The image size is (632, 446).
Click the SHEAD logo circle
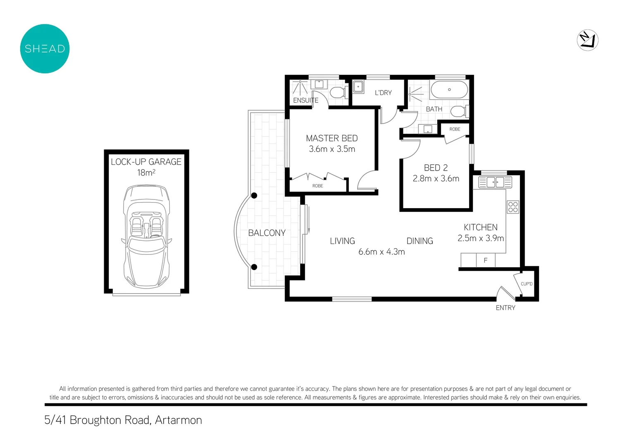45,49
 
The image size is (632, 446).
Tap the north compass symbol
587,40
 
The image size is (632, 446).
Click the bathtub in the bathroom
449,90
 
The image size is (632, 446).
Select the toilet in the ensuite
339,92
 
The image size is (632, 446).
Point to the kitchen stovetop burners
513,207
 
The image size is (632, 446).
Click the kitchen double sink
495,182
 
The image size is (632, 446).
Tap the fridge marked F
486,260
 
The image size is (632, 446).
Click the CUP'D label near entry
527,284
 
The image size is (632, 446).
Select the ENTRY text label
506,308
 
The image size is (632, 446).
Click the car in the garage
146,236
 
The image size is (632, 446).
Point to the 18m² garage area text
146,173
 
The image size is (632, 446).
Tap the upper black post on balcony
254,195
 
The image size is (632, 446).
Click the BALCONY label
267,233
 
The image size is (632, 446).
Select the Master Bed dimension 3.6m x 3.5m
332,149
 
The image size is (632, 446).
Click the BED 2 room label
436,168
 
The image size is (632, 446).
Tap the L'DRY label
383,93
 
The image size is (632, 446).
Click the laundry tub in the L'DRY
358,87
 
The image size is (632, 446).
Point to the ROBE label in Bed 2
455,129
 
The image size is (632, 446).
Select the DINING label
420,241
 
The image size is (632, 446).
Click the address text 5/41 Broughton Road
123,420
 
